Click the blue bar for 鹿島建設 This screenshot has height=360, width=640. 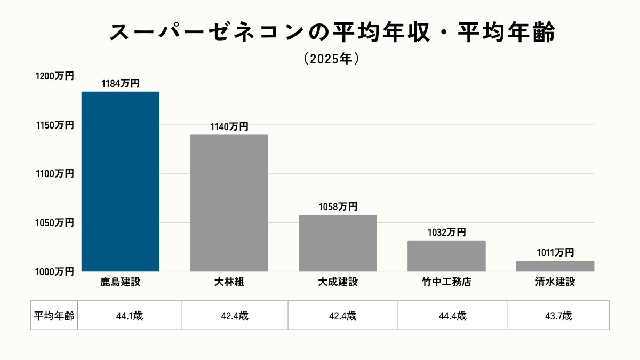(x=121, y=181)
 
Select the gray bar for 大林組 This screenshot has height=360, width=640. (x=229, y=203)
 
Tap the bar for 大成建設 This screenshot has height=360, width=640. (x=338, y=243)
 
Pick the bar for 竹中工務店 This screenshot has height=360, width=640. (x=446, y=256)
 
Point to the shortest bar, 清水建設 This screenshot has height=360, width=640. (x=555, y=266)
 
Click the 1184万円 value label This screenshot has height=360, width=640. (x=121, y=84)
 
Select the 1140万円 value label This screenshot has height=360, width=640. (x=229, y=127)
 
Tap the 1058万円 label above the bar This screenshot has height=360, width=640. (x=338, y=207)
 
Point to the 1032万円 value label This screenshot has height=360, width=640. (x=446, y=233)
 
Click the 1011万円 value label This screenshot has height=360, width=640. (x=555, y=253)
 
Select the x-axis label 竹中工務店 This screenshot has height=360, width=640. (x=446, y=282)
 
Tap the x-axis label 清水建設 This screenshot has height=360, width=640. (x=555, y=282)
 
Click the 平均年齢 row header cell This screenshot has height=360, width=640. (x=54, y=316)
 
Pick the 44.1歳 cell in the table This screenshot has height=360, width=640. (x=130, y=316)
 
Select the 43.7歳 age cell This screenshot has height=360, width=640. (x=558, y=316)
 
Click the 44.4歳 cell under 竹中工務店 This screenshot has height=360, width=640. (x=453, y=316)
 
